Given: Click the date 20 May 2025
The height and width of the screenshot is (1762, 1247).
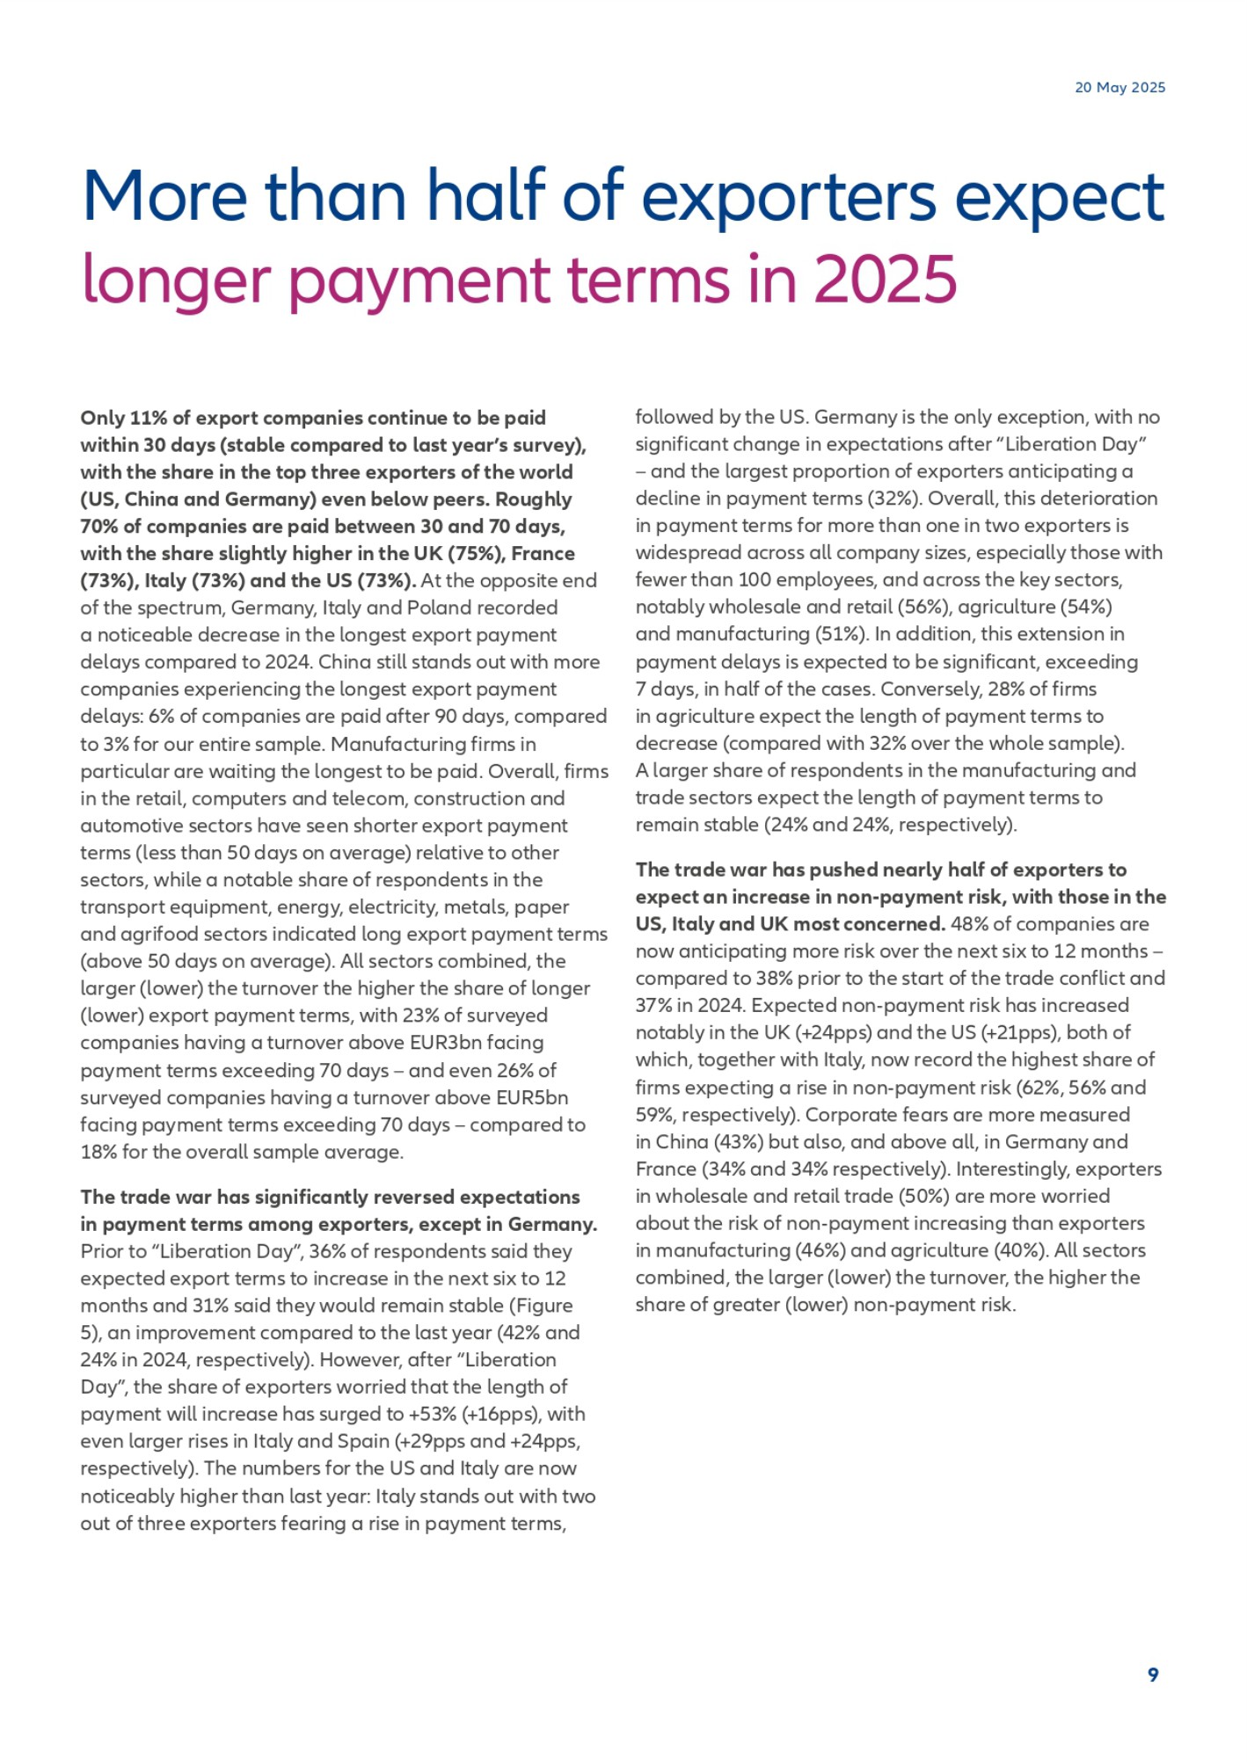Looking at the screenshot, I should [x=1119, y=87].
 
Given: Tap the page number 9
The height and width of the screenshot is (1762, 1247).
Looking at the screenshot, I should [x=1153, y=1674].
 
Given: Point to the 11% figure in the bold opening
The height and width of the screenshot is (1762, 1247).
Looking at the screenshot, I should [x=149, y=418].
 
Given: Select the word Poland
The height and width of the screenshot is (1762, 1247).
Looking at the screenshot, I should [x=525, y=608].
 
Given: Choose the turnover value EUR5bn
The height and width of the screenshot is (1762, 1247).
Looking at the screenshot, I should [x=526, y=1098].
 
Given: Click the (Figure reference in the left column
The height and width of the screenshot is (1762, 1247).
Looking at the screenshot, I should [x=544, y=1306].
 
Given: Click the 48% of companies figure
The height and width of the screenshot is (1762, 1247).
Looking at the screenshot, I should [x=969, y=924].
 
